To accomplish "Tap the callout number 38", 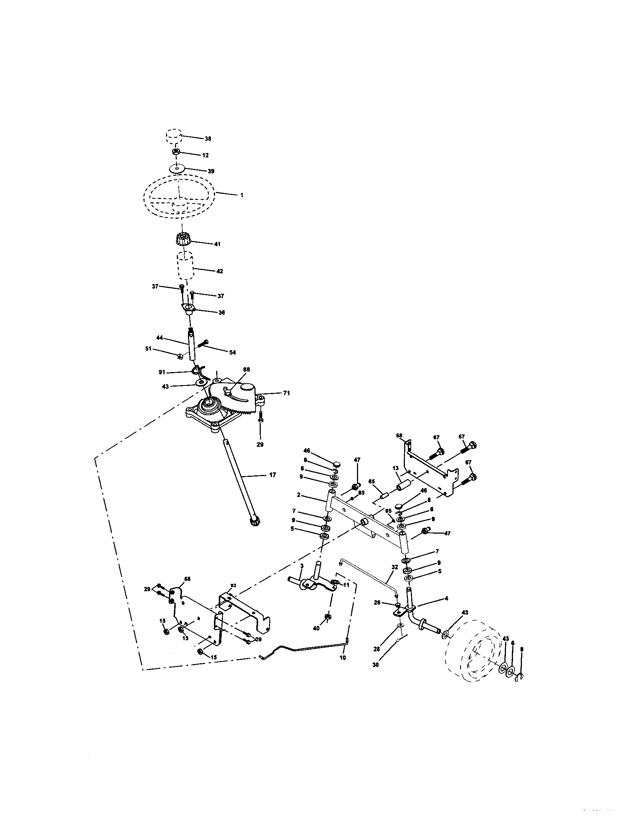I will click(x=208, y=139).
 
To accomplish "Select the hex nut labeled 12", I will click(x=176, y=152).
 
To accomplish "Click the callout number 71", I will click(x=287, y=393).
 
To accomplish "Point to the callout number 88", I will click(x=246, y=369).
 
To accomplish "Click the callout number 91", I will click(x=162, y=372).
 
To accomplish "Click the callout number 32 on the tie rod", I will click(x=394, y=567).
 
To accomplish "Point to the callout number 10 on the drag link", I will click(x=343, y=657).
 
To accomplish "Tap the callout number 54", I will click(x=233, y=352).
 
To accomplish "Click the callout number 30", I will click(x=376, y=665).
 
